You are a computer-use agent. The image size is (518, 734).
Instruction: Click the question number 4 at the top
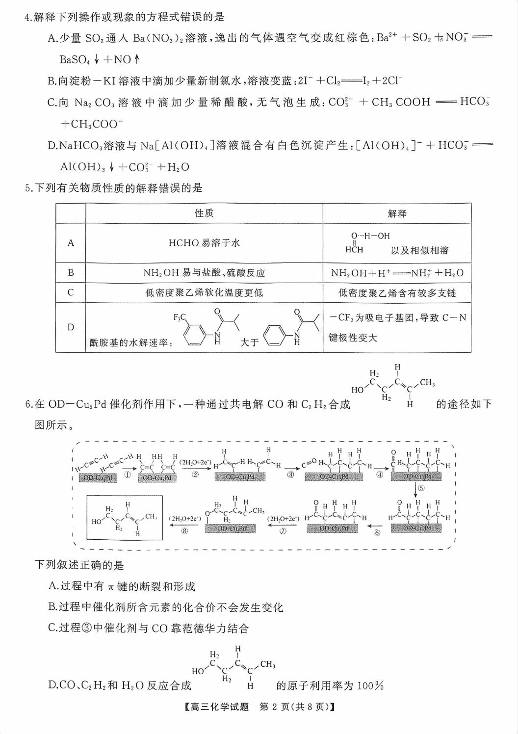(x=27, y=17)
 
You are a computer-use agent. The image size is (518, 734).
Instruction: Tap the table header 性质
(x=204, y=213)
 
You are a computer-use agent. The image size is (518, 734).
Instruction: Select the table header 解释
(x=397, y=213)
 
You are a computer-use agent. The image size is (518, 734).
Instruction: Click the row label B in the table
(x=71, y=273)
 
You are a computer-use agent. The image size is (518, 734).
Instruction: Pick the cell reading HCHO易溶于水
(x=204, y=242)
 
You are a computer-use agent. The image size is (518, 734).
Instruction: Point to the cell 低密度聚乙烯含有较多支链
(x=397, y=293)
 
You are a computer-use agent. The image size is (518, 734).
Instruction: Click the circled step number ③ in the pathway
(x=290, y=475)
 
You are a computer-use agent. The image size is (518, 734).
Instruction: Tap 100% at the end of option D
(x=370, y=685)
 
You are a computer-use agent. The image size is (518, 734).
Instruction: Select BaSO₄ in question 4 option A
(x=75, y=60)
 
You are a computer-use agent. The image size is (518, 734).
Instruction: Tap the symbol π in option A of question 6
(x=111, y=587)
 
